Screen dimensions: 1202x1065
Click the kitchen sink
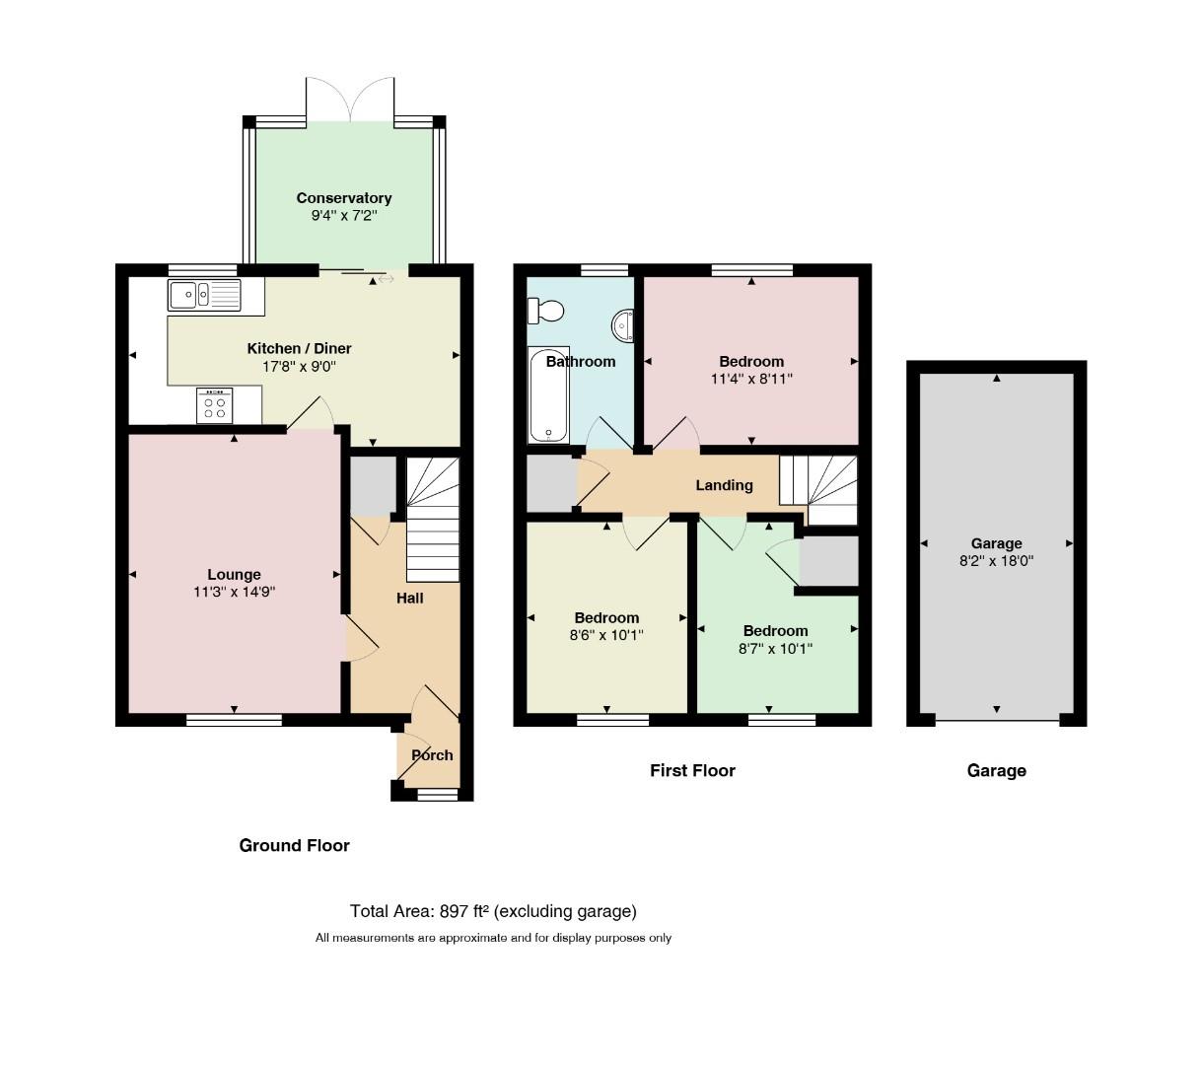click(x=204, y=295)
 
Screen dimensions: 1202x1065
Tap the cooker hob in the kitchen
click(x=214, y=406)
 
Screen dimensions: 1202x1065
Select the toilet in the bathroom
click(x=545, y=311)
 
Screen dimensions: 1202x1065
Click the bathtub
click(x=549, y=394)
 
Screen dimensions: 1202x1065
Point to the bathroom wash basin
click(x=622, y=325)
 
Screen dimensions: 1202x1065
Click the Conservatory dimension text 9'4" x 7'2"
click(x=344, y=215)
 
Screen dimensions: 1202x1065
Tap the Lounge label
click(x=234, y=574)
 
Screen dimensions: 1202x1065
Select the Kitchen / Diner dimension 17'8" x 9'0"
click(x=299, y=366)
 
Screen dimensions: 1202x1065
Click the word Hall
click(x=409, y=598)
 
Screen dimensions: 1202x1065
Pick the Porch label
click(x=432, y=755)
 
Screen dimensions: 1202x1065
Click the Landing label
click(x=724, y=485)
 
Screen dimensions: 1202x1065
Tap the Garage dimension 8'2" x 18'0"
click(x=996, y=561)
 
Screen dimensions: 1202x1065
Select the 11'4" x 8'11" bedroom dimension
click(x=751, y=379)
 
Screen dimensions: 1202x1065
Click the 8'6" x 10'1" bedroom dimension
click(x=606, y=635)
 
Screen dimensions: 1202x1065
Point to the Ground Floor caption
click(x=294, y=845)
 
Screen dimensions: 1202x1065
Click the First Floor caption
click(x=692, y=771)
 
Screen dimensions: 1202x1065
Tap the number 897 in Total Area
click(x=454, y=911)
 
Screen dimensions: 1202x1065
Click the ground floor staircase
click(x=433, y=519)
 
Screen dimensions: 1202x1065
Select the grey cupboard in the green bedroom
click(x=829, y=561)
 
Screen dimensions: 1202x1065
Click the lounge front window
click(x=234, y=720)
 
